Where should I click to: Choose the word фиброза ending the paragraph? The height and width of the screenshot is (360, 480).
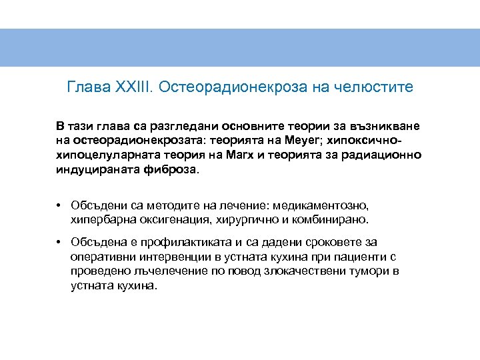176,170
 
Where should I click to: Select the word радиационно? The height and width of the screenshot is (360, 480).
388,155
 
